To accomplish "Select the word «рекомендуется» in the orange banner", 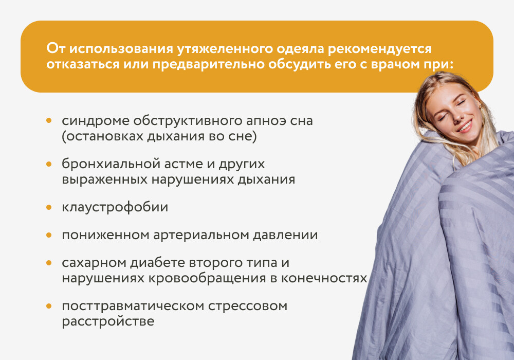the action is pos(380,49).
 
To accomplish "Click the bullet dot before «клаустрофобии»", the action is pos(49,208).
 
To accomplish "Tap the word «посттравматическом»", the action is pos(133,307).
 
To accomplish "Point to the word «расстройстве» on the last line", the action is pos(108,321).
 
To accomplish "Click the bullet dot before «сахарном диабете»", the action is pos(49,263).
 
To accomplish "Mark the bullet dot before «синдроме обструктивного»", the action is pos(49,121).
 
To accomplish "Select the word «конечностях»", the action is pos(324,278).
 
